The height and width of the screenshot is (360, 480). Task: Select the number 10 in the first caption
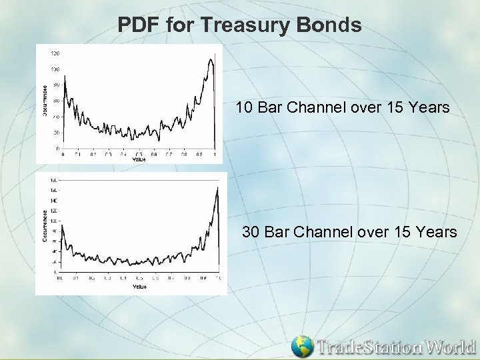pos(244,107)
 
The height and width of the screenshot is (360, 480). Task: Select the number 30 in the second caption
pos(251,232)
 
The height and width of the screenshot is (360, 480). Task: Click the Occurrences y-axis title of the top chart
pos(45,101)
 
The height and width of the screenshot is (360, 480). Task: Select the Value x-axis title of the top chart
pos(139,159)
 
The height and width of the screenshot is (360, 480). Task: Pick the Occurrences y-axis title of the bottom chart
pos(45,225)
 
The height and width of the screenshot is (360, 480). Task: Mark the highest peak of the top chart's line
pos(211,59)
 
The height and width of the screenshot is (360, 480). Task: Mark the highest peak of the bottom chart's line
pos(217,188)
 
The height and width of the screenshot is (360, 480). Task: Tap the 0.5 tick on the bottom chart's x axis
pos(139,278)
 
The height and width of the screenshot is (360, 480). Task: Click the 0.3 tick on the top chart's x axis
pos(108,154)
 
